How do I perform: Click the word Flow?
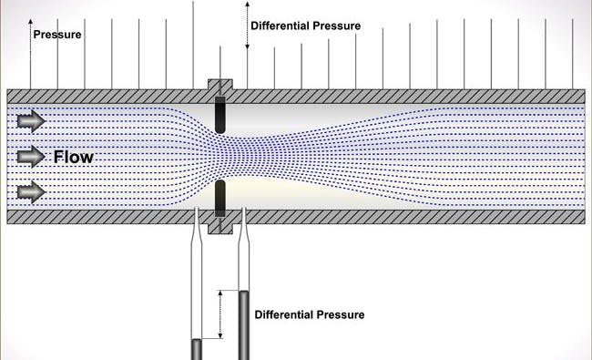pos(74,157)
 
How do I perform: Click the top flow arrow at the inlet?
pos(30,119)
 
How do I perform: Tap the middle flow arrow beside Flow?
pos(30,156)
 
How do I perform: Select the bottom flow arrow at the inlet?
pos(30,191)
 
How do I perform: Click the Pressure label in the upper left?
pos(57,36)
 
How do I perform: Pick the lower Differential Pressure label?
pos(310,314)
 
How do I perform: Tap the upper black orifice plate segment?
pos(219,115)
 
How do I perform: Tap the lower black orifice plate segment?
pos(219,195)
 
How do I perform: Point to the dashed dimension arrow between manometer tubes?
pos(219,315)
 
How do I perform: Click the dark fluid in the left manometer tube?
pos(195,349)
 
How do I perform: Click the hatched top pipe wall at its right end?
pos(565,96)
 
